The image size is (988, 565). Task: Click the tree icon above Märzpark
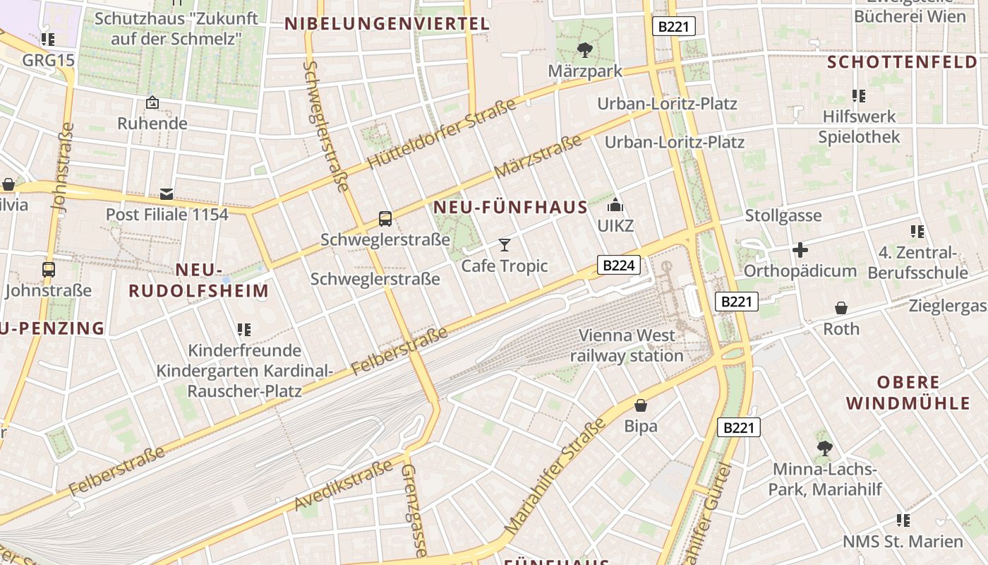pyautogui.click(x=584, y=49)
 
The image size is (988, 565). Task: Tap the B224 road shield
pyautogui.click(x=619, y=265)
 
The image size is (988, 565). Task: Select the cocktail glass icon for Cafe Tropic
pyautogui.click(x=505, y=245)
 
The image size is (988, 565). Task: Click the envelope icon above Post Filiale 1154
pyautogui.click(x=167, y=194)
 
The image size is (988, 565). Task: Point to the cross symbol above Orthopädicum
pyautogui.click(x=800, y=250)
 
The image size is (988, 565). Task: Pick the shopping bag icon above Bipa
pyautogui.click(x=641, y=405)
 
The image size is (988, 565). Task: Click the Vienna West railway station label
pyautogui.click(x=627, y=345)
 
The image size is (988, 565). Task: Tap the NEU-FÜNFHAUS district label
pyautogui.click(x=510, y=207)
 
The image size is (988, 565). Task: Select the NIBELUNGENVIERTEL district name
pyautogui.click(x=387, y=24)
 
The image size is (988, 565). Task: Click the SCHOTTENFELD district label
pyautogui.click(x=902, y=62)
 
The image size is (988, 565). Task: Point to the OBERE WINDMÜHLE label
pyautogui.click(x=908, y=393)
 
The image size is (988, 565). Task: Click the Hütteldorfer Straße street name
pyautogui.click(x=442, y=135)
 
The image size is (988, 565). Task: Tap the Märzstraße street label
pyautogui.click(x=538, y=156)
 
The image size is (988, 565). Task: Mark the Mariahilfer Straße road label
pyautogui.click(x=556, y=475)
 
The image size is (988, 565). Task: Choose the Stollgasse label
pyautogui.click(x=783, y=215)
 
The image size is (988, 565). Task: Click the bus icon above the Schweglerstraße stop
pyautogui.click(x=385, y=219)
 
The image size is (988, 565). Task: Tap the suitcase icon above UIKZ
pyautogui.click(x=615, y=206)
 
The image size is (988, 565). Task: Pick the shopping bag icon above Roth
pyautogui.click(x=841, y=308)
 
